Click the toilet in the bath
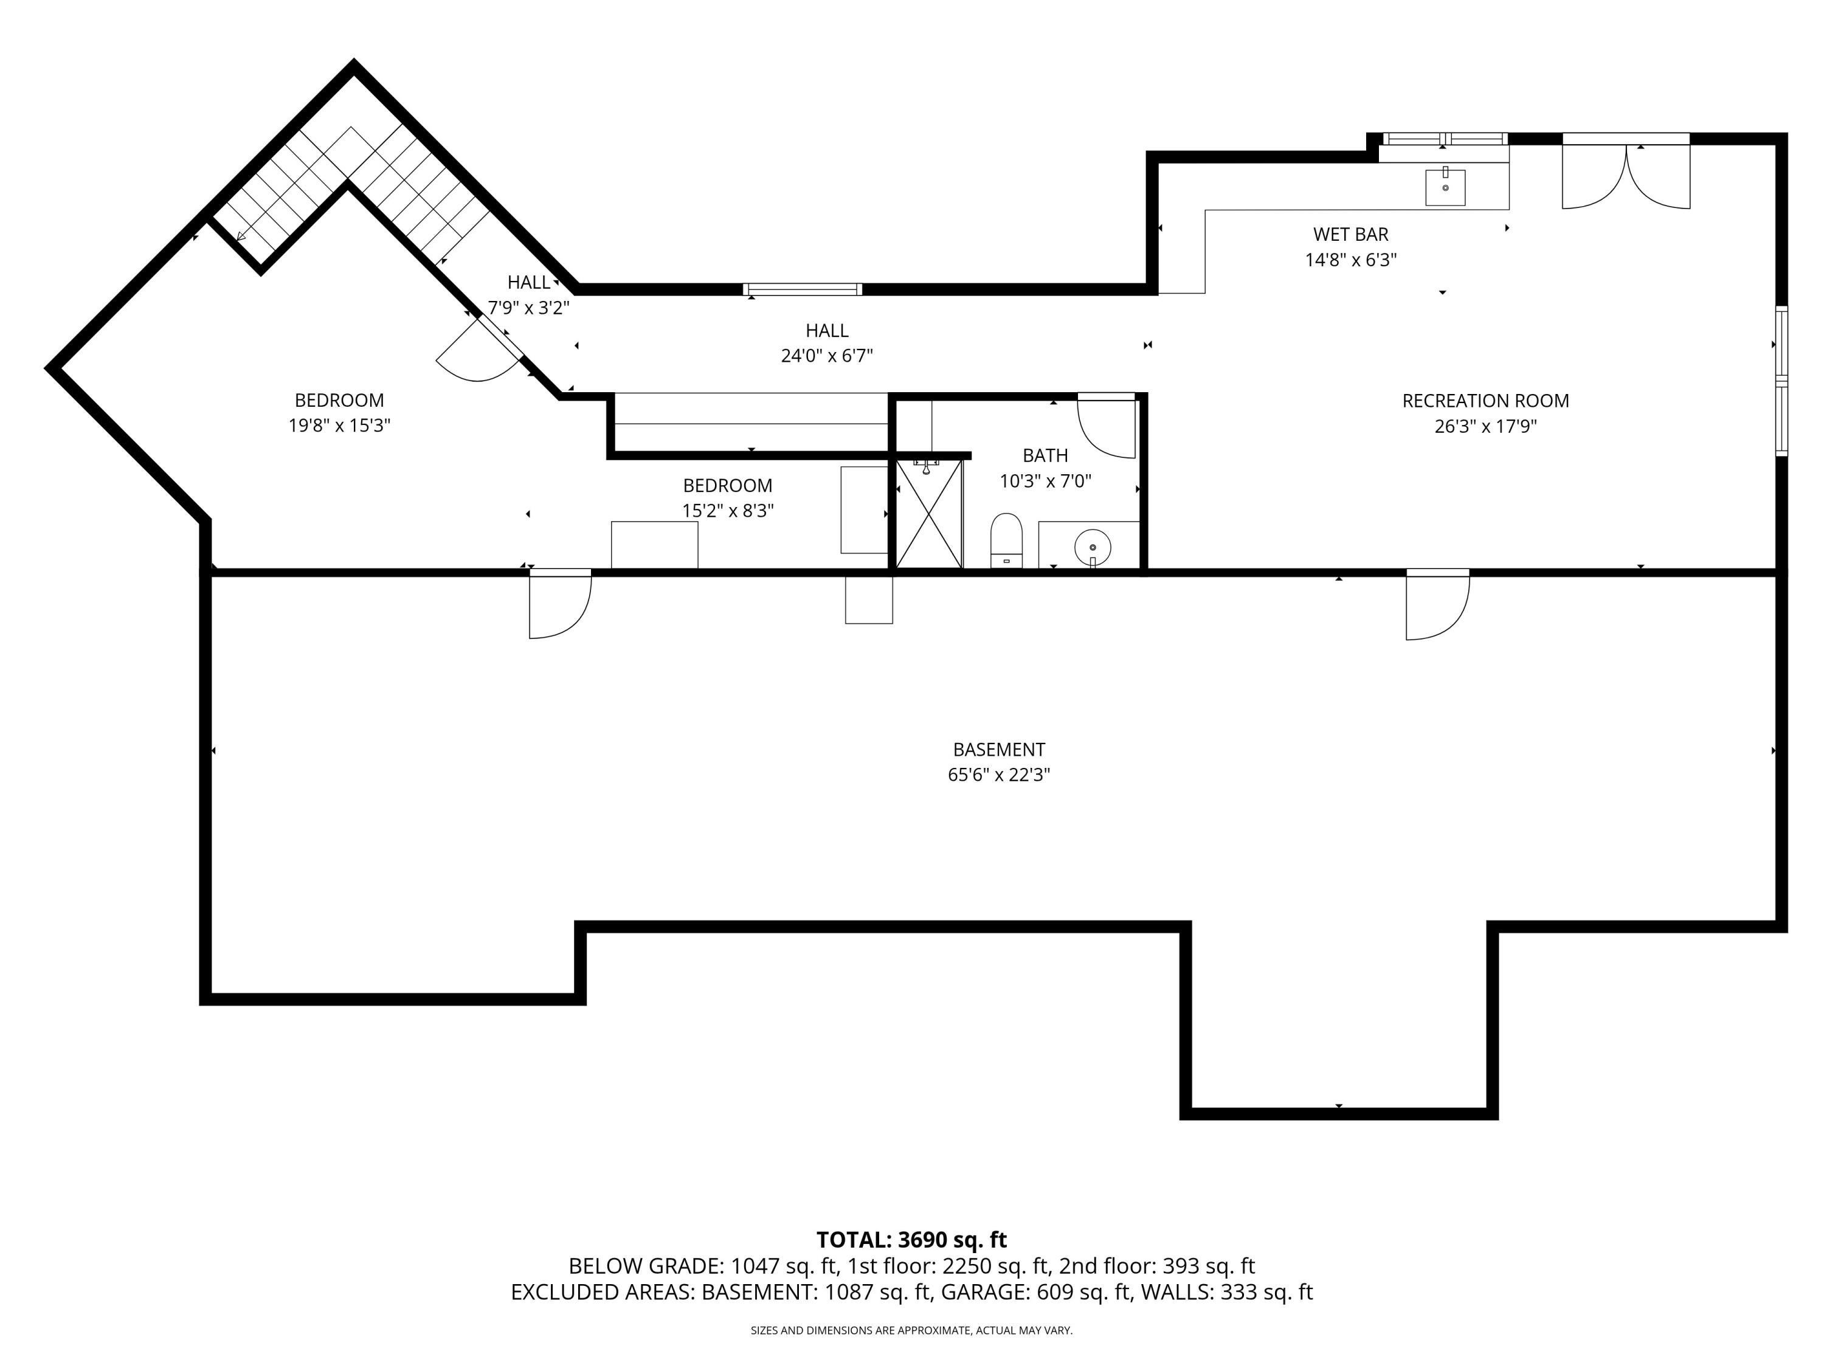pyautogui.click(x=1006, y=541)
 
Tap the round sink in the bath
pyautogui.click(x=1093, y=547)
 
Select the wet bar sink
pyautogui.click(x=1445, y=187)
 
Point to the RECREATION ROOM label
pyautogui.click(x=1485, y=401)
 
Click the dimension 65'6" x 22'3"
pyautogui.click(x=998, y=775)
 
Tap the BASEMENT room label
pyautogui.click(x=998, y=750)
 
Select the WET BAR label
pyautogui.click(x=1351, y=234)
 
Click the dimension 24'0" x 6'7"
pyautogui.click(x=826, y=356)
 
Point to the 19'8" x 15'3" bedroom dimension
pyautogui.click(x=339, y=426)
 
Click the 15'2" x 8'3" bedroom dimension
pyautogui.click(x=727, y=511)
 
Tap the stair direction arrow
pyautogui.click(x=241, y=237)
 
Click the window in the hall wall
pyautogui.click(x=803, y=289)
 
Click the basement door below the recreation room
pyautogui.click(x=1437, y=606)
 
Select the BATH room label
pyautogui.click(x=1045, y=455)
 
